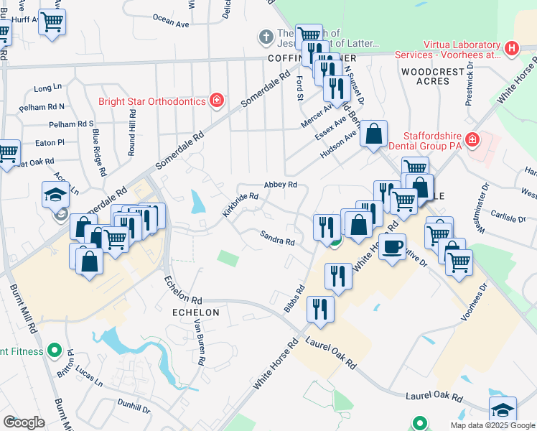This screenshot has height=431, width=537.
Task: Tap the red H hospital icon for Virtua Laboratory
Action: [x=511, y=49]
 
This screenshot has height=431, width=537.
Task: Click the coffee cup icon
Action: [x=392, y=247]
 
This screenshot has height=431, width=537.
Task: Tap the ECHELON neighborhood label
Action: [x=194, y=312]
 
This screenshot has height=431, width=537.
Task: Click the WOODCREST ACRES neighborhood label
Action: [x=425, y=76]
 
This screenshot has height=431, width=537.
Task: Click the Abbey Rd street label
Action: [x=280, y=185]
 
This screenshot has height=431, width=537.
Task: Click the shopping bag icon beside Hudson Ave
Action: [x=373, y=134]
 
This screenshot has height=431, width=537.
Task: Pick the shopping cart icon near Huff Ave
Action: [x=52, y=22]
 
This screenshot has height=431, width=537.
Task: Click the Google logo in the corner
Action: [x=24, y=422]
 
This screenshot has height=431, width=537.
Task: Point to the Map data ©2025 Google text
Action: [x=492, y=425]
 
